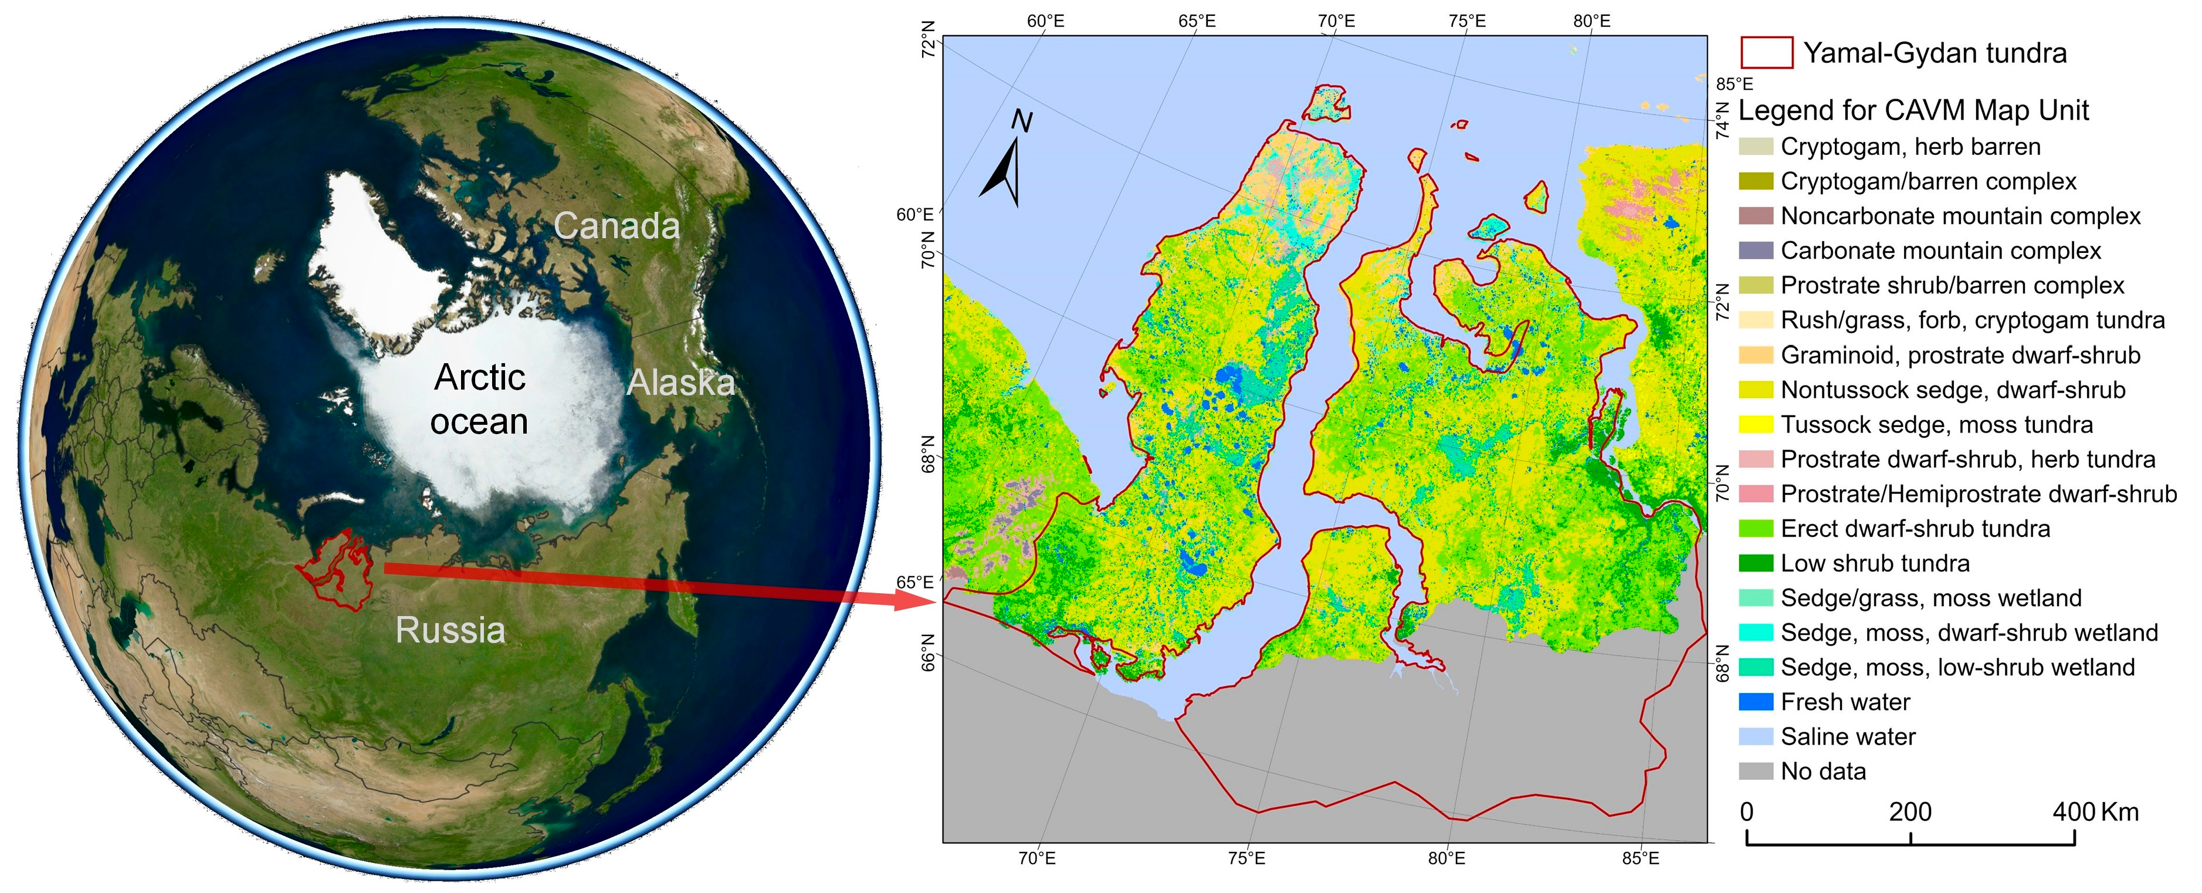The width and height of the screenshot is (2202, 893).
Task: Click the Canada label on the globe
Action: pos(616,226)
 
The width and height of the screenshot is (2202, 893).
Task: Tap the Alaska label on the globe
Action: pos(680,383)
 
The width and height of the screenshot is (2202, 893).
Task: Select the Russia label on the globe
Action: pos(450,630)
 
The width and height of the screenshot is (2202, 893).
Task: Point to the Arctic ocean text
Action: pos(480,400)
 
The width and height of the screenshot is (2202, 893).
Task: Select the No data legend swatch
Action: pos(1756,772)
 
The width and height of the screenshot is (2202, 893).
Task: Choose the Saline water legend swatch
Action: pos(1756,736)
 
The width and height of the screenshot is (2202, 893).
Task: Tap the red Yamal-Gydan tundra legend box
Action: pos(1766,53)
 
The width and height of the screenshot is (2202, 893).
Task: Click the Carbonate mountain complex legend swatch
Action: pos(1756,251)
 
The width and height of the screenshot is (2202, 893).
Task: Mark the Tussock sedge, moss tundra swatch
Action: pos(1756,424)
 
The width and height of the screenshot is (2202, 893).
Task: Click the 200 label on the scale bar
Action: pos(1910,812)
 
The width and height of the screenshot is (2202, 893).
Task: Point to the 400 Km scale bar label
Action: pos(2094,812)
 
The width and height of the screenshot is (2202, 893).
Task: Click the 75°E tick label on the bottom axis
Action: pos(1246,858)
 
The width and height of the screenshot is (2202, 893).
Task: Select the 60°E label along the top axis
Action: pos(1045,21)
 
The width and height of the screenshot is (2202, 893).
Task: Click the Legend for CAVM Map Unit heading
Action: pos(1913,110)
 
